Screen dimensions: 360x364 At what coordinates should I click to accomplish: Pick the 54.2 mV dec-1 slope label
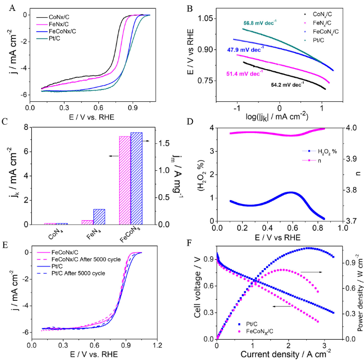tap(287, 83)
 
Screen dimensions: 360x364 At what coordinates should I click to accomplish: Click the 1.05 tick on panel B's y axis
tap(203, 18)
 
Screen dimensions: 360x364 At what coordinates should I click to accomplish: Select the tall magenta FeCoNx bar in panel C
tap(125, 180)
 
